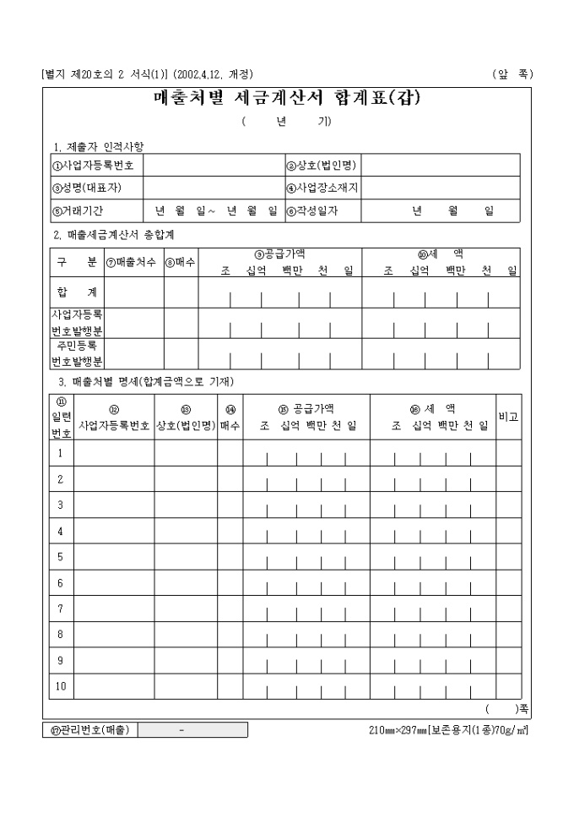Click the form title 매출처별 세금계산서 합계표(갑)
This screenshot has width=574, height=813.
click(x=287, y=98)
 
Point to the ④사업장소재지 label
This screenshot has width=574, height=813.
click(x=322, y=187)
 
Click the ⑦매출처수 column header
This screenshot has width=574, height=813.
click(x=133, y=262)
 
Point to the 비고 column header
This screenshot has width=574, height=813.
click(x=508, y=417)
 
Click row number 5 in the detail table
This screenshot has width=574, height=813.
click(x=60, y=558)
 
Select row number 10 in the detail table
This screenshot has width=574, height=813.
click(x=60, y=686)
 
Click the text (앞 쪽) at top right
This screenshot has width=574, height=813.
click(x=512, y=74)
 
